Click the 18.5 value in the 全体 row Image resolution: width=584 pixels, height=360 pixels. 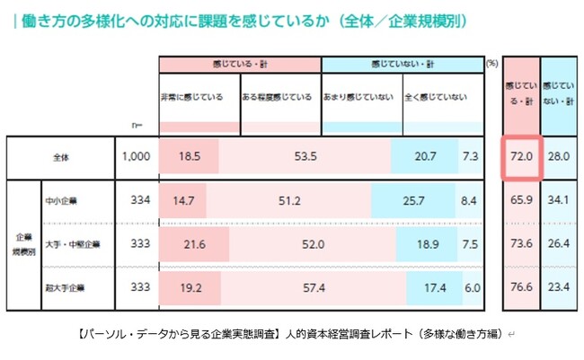click(x=189, y=156)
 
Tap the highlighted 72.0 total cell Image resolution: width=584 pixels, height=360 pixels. click(x=521, y=156)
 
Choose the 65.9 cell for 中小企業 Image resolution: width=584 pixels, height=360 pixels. click(x=521, y=200)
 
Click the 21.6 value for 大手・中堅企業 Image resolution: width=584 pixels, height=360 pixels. click(x=194, y=243)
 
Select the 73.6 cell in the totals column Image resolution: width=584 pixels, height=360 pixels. click(x=521, y=243)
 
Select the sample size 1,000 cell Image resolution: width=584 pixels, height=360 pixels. click(x=137, y=156)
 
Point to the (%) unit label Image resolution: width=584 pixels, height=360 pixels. click(x=491, y=64)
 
